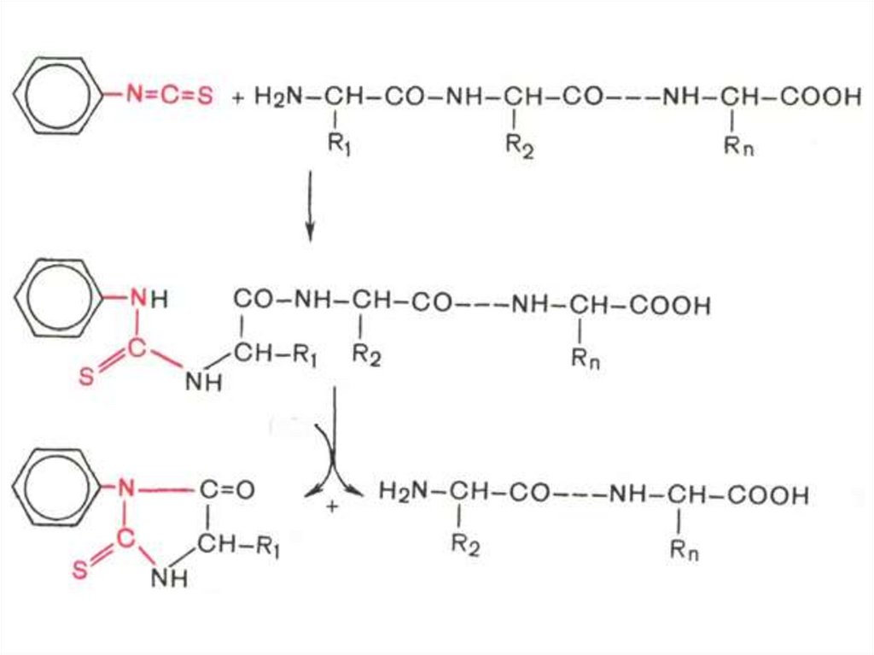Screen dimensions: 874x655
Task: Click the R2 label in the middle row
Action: (366, 357)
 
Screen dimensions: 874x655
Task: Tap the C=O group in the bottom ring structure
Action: (227, 490)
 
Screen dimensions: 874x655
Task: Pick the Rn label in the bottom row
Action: (683, 551)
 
